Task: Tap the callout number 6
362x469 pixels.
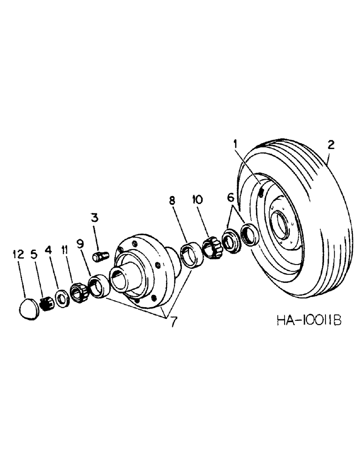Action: click(x=230, y=198)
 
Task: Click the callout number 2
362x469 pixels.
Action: click(x=331, y=145)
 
